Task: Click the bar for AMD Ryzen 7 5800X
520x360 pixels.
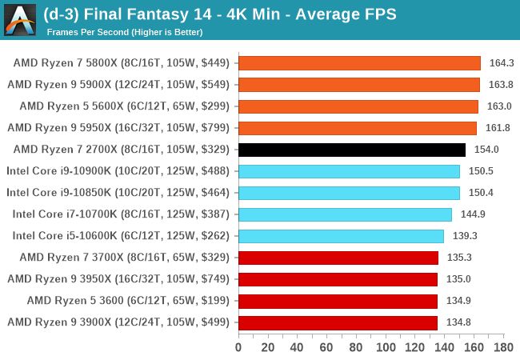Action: pyautogui.click(x=359, y=63)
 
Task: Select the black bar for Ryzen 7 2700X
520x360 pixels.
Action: pyautogui.click(x=352, y=150)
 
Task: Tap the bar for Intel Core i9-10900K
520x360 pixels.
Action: pyautogui.click(x=349, y=171)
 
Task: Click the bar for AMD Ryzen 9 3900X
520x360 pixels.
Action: pyautogui.click(x=338, y=322)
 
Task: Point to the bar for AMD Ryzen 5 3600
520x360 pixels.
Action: pyautogui.click(x=338, y=301)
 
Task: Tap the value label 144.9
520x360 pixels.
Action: pyautogui.click(x=471, y=214)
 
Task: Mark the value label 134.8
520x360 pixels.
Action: pyautogui.click(x=457, y=322)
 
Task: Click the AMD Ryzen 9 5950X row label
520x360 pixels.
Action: pyautogui.click(x=119, y=128)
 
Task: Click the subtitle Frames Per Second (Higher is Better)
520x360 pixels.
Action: pyautogui.click(x=124, y=33)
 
